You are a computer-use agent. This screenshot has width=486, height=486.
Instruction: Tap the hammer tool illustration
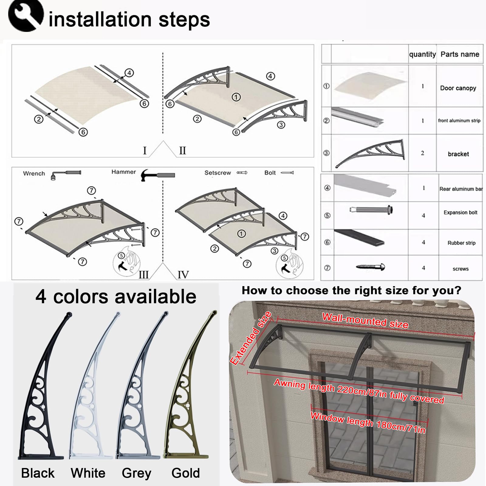coord(158,175)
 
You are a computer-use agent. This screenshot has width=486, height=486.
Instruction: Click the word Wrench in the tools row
coord(34,173)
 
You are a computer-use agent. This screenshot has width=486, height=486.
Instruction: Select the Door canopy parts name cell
coord(458,88)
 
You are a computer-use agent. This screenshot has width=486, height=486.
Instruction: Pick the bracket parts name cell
coord(458,154)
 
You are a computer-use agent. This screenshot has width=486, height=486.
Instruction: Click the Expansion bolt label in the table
coord(460,213)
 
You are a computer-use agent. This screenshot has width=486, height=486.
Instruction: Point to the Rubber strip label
coord(461,243)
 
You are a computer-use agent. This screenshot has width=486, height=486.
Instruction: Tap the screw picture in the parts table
coord(371,267)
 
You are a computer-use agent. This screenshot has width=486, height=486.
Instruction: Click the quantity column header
coord(423,54)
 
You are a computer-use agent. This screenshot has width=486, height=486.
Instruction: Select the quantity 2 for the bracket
coord(423,153)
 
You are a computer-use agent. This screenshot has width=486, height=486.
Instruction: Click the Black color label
coord(38,473)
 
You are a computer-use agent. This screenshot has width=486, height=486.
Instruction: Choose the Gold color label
coord(186,473)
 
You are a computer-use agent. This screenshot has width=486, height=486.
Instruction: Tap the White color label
coord(88,473)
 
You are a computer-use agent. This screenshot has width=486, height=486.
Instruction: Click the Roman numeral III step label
coord(144,275)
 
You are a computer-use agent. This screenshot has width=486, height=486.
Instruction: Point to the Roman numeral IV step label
coord(183,275)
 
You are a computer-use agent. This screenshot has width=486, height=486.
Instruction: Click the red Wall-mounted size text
coord(365,321)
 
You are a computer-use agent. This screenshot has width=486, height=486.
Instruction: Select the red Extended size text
coord(251,338)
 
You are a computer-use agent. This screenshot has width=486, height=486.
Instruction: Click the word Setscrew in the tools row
coord(217,173)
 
